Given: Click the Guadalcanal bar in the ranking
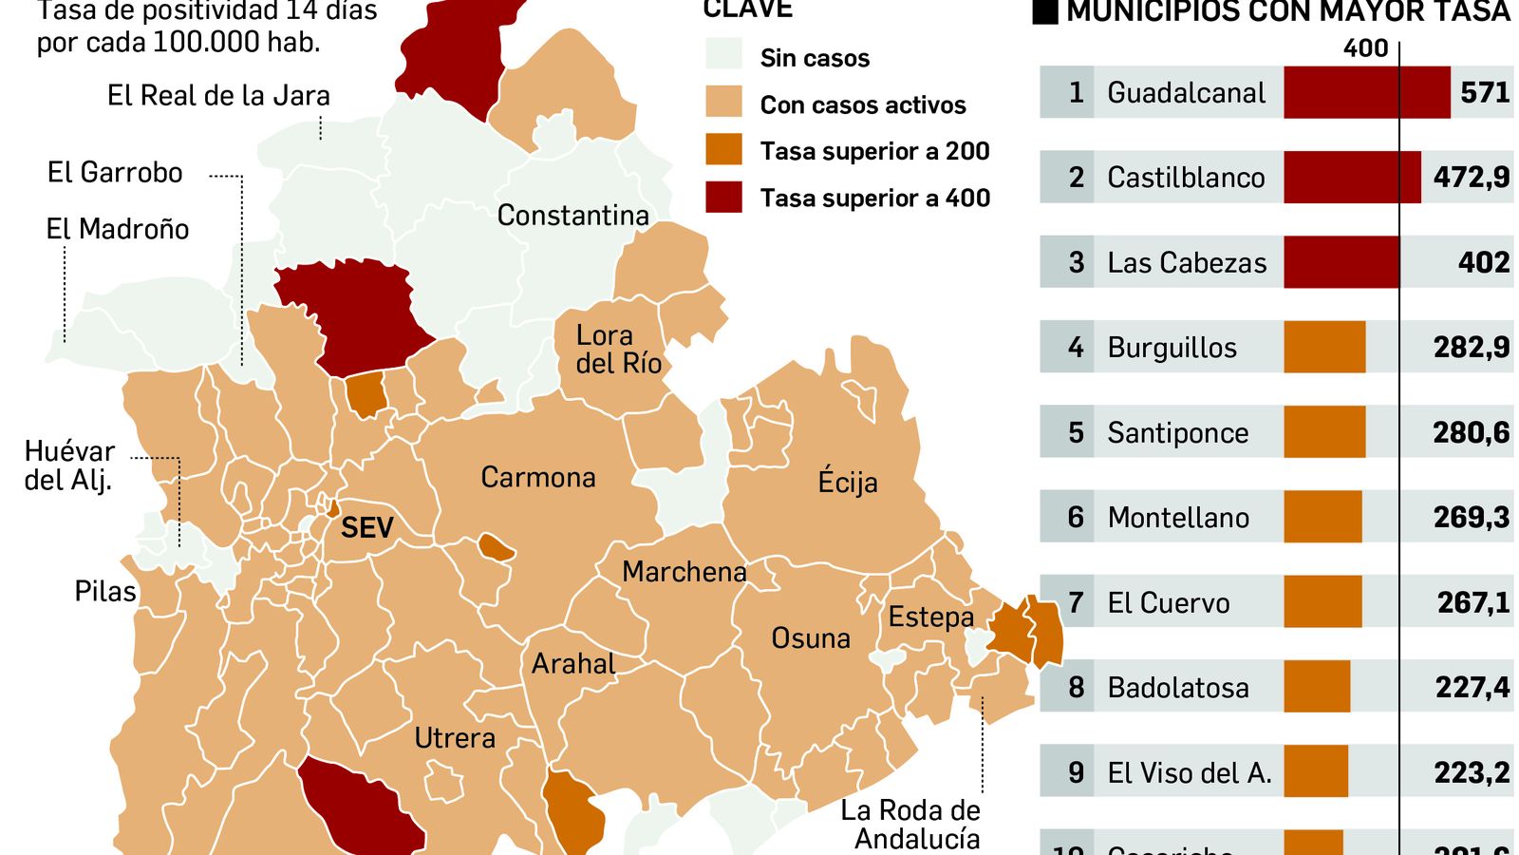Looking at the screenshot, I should coord(1366,92).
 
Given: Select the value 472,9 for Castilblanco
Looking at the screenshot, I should coord(1471,178).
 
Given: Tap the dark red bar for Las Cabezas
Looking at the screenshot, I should coord(1341,262).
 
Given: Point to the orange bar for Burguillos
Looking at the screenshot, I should coord(1324,347).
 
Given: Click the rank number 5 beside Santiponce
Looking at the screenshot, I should coord(1076,432).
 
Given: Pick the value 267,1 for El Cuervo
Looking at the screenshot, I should coord(1472,602).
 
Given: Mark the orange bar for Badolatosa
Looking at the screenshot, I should coord(1317,687).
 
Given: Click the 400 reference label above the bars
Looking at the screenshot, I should coord(1365,48).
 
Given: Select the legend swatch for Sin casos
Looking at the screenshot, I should coord(723,55).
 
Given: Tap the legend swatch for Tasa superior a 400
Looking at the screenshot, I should coord(723,198).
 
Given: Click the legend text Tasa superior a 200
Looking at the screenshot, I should coord(874,151).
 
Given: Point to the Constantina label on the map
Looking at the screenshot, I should coord(572,216).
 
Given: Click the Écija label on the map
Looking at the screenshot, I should coord(847,482).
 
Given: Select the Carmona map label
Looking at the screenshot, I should coord(537,477).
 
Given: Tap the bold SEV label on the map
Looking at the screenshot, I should coord(366,527).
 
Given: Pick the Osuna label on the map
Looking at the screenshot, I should coord(810,638).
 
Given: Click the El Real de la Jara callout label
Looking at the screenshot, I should coord(218,96).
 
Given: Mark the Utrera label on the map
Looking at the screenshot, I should coord(455,738).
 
